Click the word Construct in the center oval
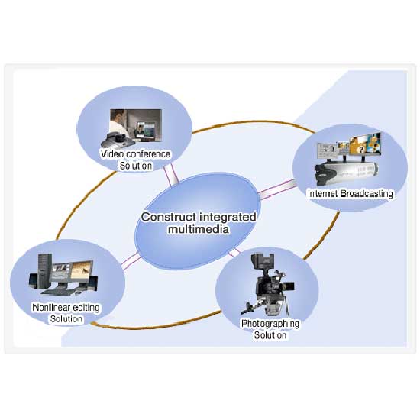click(x=169, y=217)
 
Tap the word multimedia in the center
click(x=199, y=229)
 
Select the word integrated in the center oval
click(x=228, y=217)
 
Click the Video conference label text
click(x=135, y=154)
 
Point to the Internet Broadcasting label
click(x=351, y=193)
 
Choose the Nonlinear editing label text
click(x=66, y=307)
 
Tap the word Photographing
click(x=270, y=324)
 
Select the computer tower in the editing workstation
click(x=44, y=270)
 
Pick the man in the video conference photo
click(x=118, y=123)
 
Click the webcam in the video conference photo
click(x=118, y=139)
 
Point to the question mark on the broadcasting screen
click(x=361, y=150)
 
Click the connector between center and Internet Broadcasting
click(x=277, y=189)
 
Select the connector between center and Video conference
click(x=170, y=175)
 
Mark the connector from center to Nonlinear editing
click(x=131, y=260)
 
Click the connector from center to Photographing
click(x=234, y=252)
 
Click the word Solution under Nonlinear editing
click(x=66, y=319)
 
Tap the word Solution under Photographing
click(x=270, y=335)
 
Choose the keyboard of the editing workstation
click(x=57, y=291)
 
